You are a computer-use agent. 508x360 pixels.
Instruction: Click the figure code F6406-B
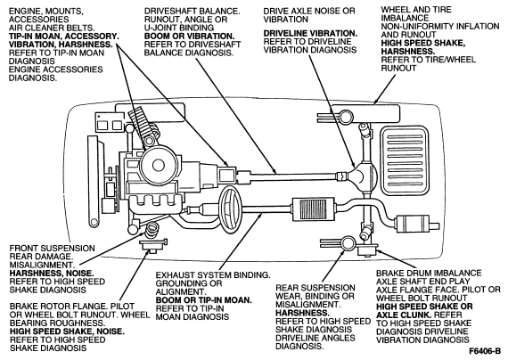pyautogui.click(x=485, y=351)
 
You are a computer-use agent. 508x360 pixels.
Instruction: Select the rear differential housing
pyautogui.click(x=363, y=176)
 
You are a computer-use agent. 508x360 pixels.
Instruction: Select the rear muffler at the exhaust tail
pyautogui.click(x=413, y=225)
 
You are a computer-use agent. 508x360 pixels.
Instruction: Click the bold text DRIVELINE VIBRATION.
pyautogui.click(x=310, y=33)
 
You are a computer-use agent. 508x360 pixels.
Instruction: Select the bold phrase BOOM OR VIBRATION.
pyautogui.click(x=189, y=36)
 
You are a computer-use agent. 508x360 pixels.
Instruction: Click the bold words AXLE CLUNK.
pyautogui.click(x=404, y=315)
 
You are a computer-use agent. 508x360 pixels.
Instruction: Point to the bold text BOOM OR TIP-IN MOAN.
pyautogui.click(x=204, y=300)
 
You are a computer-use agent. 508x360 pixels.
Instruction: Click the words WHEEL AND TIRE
pyautogui.click(x=416, y=10)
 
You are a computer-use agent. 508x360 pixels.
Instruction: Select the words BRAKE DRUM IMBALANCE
pyautogui.click(x=429, y=274)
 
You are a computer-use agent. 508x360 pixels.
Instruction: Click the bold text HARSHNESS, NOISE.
pyautogui.click(x=52, y=274)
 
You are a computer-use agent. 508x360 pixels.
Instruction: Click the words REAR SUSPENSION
pyautogui.click(x=315, y=288)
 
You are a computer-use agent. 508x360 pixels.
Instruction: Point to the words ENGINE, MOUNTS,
pyautogui.click(x=46, y=12)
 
